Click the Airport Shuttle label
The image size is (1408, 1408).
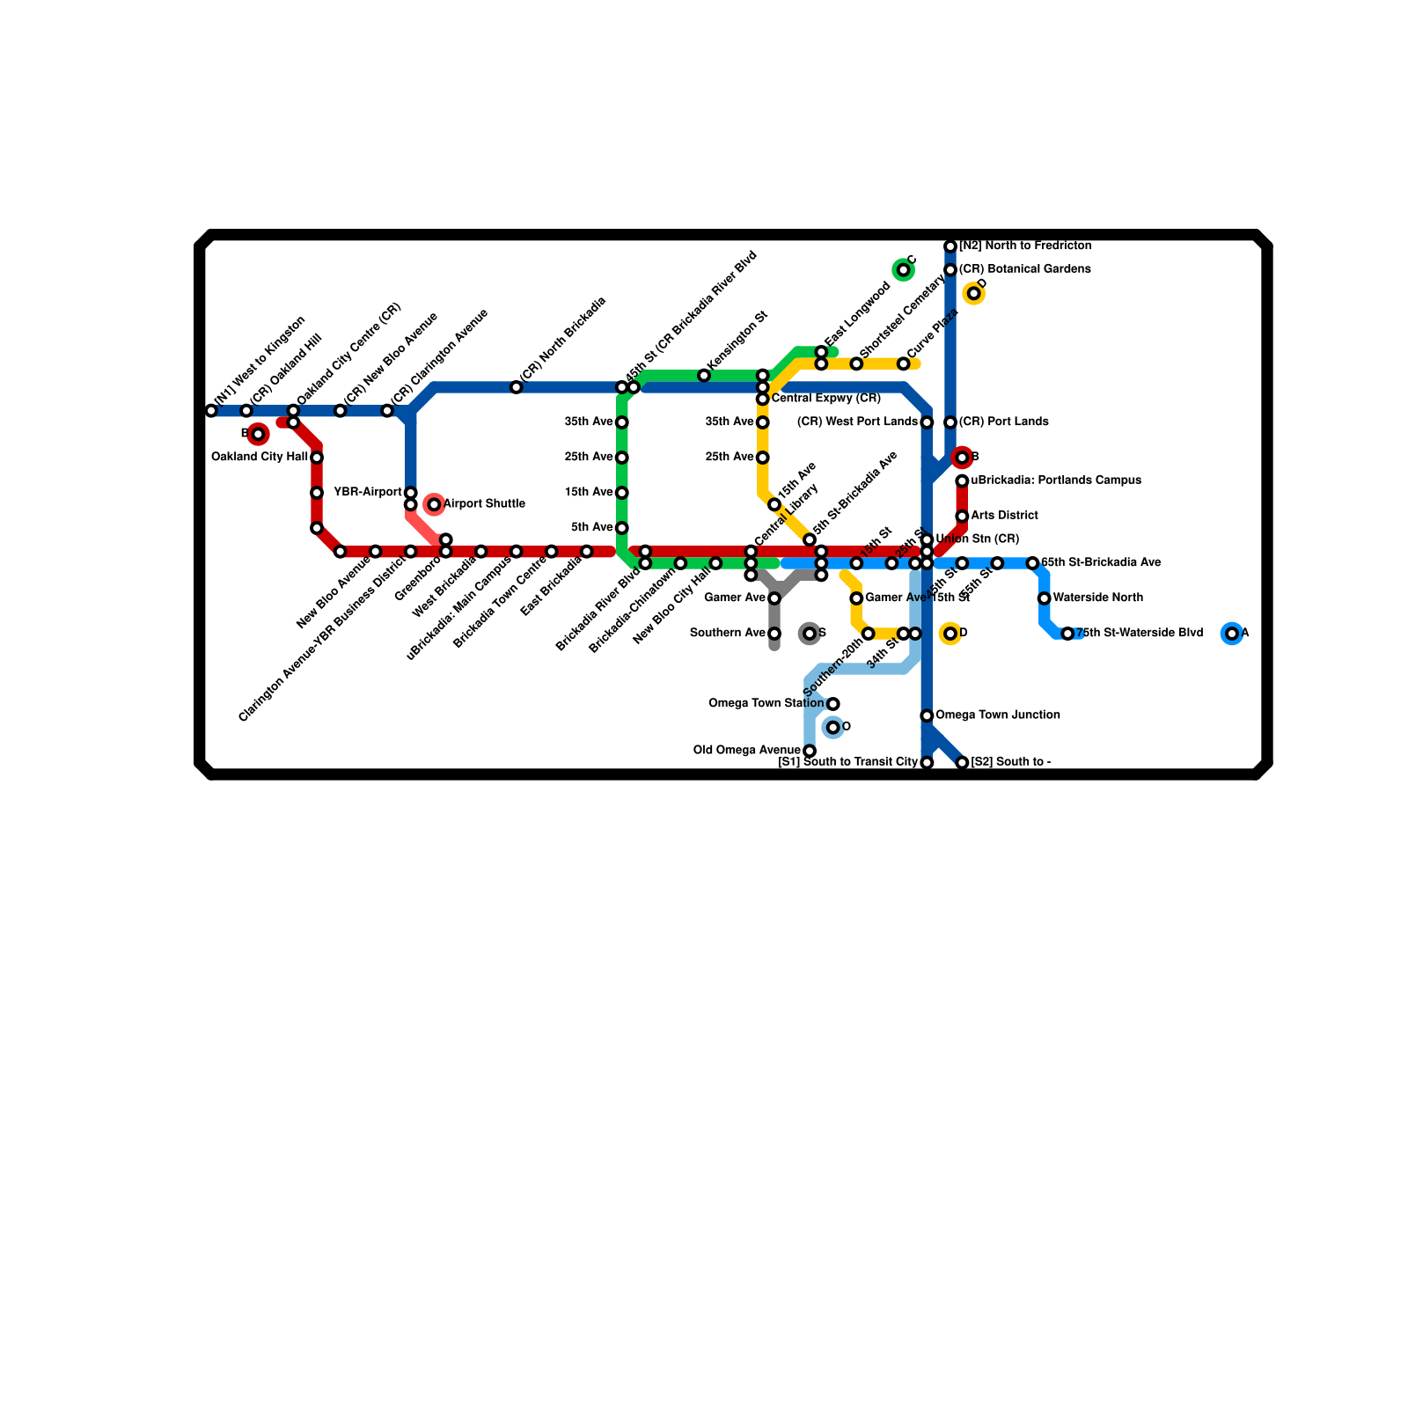point(484,504)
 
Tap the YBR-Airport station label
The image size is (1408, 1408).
point(368,493)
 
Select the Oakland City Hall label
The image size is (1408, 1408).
point(260,458)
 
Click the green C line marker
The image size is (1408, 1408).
point(903,270)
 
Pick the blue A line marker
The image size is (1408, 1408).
point(1232,634)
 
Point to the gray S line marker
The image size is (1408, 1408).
point(810,634)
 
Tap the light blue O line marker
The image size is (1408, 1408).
point(833,728)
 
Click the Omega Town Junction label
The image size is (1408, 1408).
point(998,715)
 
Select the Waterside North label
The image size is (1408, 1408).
point(1098,598)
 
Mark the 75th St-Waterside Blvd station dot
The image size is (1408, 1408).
point(1067,634)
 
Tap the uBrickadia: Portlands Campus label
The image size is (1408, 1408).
point(1056,480)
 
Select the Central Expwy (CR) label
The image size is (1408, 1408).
point(825,400)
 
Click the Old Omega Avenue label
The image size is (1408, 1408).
point(747,751)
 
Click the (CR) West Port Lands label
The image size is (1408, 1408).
point(857,422)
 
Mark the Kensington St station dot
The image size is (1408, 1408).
point(704,376)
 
